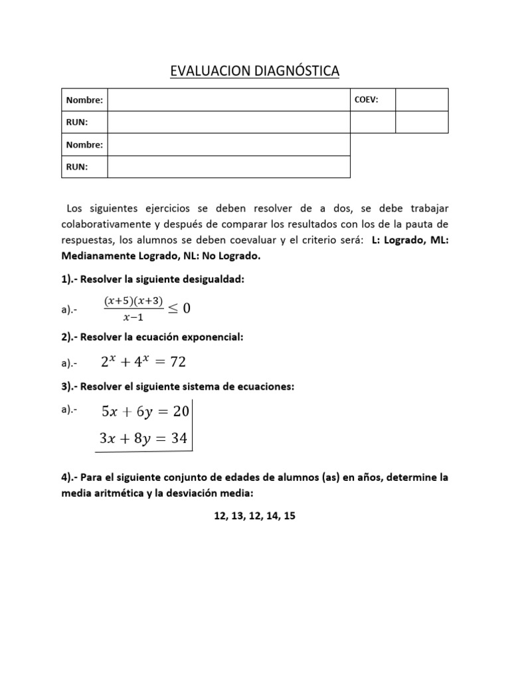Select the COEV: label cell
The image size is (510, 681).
tap(373, 100)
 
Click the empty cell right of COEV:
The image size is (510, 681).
tap(422, 100)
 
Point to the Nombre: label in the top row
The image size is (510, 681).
tap(84, 100)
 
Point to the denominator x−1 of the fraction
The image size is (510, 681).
tap(132, 317)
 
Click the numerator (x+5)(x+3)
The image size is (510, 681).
tap(133, 301)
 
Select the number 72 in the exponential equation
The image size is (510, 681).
tap(177, 362)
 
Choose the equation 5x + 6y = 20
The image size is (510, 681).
tap(145, 412)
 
